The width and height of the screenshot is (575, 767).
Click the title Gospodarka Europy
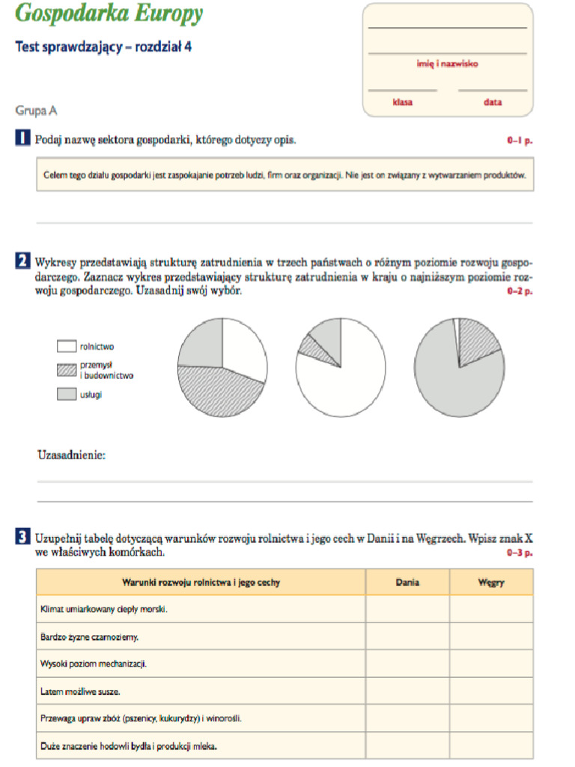tap(109, 14)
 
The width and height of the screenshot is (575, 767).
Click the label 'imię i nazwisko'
tap(447, 64)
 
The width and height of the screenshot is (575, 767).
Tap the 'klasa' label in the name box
tap(402, 102)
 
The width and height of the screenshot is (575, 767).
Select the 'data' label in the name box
tap(492, 102)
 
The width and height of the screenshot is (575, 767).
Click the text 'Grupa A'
tap(37, 111)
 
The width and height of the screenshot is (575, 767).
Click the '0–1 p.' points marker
tap(520, 140)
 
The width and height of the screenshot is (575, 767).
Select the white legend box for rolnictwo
tap(67, 347)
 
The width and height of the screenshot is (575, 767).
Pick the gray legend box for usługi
tap(67, 394)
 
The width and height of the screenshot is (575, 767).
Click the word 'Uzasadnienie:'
tap(71, 455)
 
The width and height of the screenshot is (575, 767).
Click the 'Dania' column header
tap(407, 582)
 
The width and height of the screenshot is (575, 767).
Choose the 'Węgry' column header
tap(491, 582)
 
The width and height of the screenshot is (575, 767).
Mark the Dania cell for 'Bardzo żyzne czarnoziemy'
tap(407, 637)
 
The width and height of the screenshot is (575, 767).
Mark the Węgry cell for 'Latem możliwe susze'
tap(491, 691)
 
